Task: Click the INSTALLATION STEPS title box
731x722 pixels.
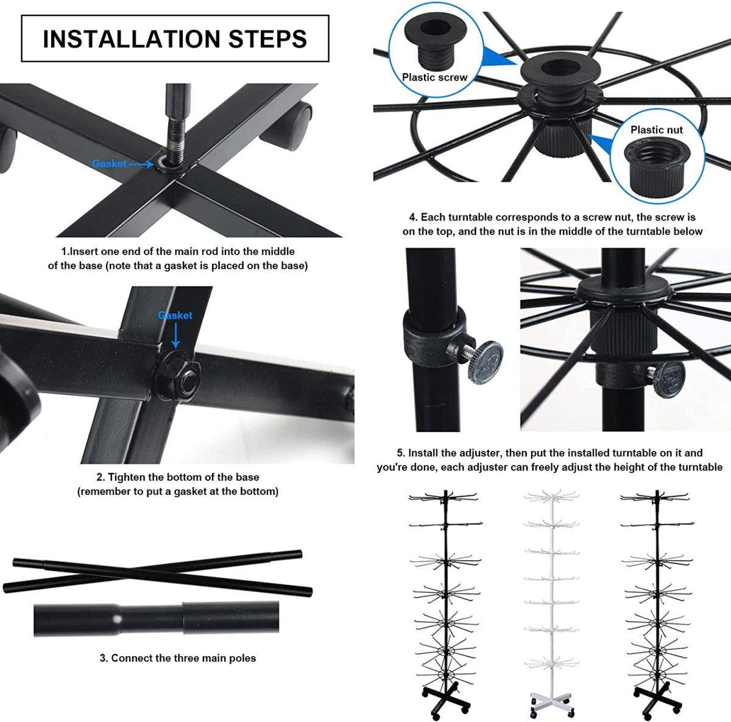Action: (x=175, y=38)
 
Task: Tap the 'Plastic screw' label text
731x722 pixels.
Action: (x=434, y=77)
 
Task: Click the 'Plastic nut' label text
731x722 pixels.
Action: (x=656, y=130)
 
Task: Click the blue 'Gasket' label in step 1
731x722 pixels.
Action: (x=109, y=164)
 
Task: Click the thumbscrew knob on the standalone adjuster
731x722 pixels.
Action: (x=486, y=361)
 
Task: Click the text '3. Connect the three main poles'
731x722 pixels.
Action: (x=177, y=658)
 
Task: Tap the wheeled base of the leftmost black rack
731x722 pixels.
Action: (x=445, y=700)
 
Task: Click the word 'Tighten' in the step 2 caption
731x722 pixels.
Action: (x=125, y=477)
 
